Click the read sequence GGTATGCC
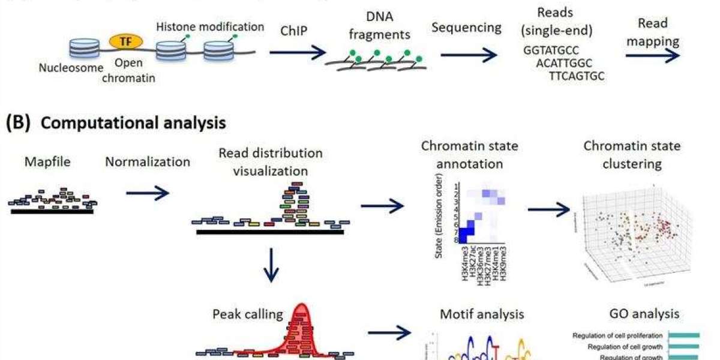551,50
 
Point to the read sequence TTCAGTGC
577,76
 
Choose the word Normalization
148,161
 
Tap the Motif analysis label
482,314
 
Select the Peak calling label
247,314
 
